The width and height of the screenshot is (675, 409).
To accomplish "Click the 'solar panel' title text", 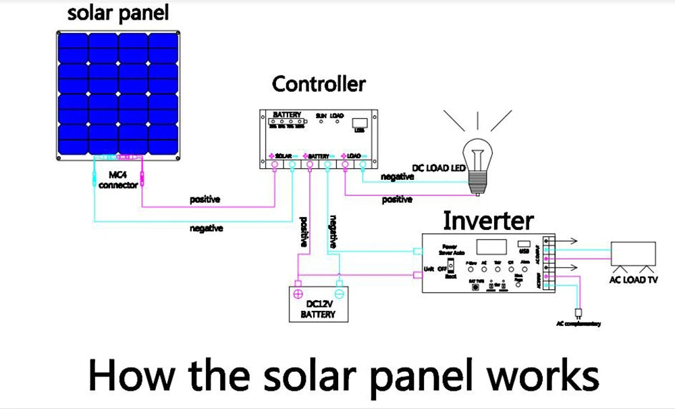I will click(118, 13).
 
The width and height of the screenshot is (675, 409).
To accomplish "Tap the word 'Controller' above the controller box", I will click(319, 84).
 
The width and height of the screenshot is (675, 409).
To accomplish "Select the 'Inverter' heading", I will click(488, 220).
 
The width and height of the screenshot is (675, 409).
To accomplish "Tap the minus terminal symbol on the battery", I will click(340, 293).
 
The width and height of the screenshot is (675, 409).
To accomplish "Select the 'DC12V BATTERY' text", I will click(318, 310).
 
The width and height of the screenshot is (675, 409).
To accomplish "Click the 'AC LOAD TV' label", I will click(633, 279).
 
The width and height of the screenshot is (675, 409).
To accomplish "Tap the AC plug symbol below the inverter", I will click(578, 313).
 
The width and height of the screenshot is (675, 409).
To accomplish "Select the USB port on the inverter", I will click(524, 245).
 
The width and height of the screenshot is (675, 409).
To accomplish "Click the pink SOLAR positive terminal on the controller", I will click(275, 164).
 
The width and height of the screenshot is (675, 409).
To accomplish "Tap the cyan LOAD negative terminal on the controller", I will click(362, 164).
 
